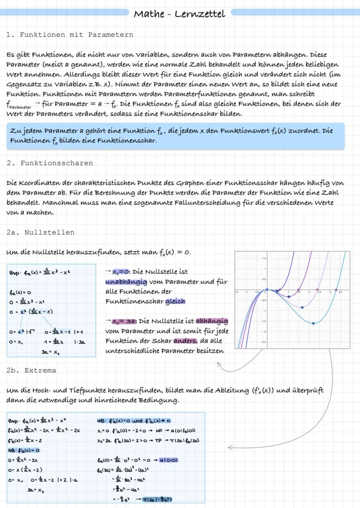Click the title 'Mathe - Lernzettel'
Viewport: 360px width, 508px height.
179,14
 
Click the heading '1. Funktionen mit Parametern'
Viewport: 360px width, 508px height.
70,35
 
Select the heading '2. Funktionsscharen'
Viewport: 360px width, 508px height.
50,163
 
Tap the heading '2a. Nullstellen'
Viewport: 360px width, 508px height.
40,232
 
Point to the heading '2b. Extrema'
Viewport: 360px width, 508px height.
31,371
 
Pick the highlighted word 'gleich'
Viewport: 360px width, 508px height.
175,301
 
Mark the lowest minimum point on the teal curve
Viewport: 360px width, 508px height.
313,323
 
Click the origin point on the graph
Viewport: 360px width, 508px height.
267,289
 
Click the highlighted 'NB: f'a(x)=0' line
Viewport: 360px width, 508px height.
23,450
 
